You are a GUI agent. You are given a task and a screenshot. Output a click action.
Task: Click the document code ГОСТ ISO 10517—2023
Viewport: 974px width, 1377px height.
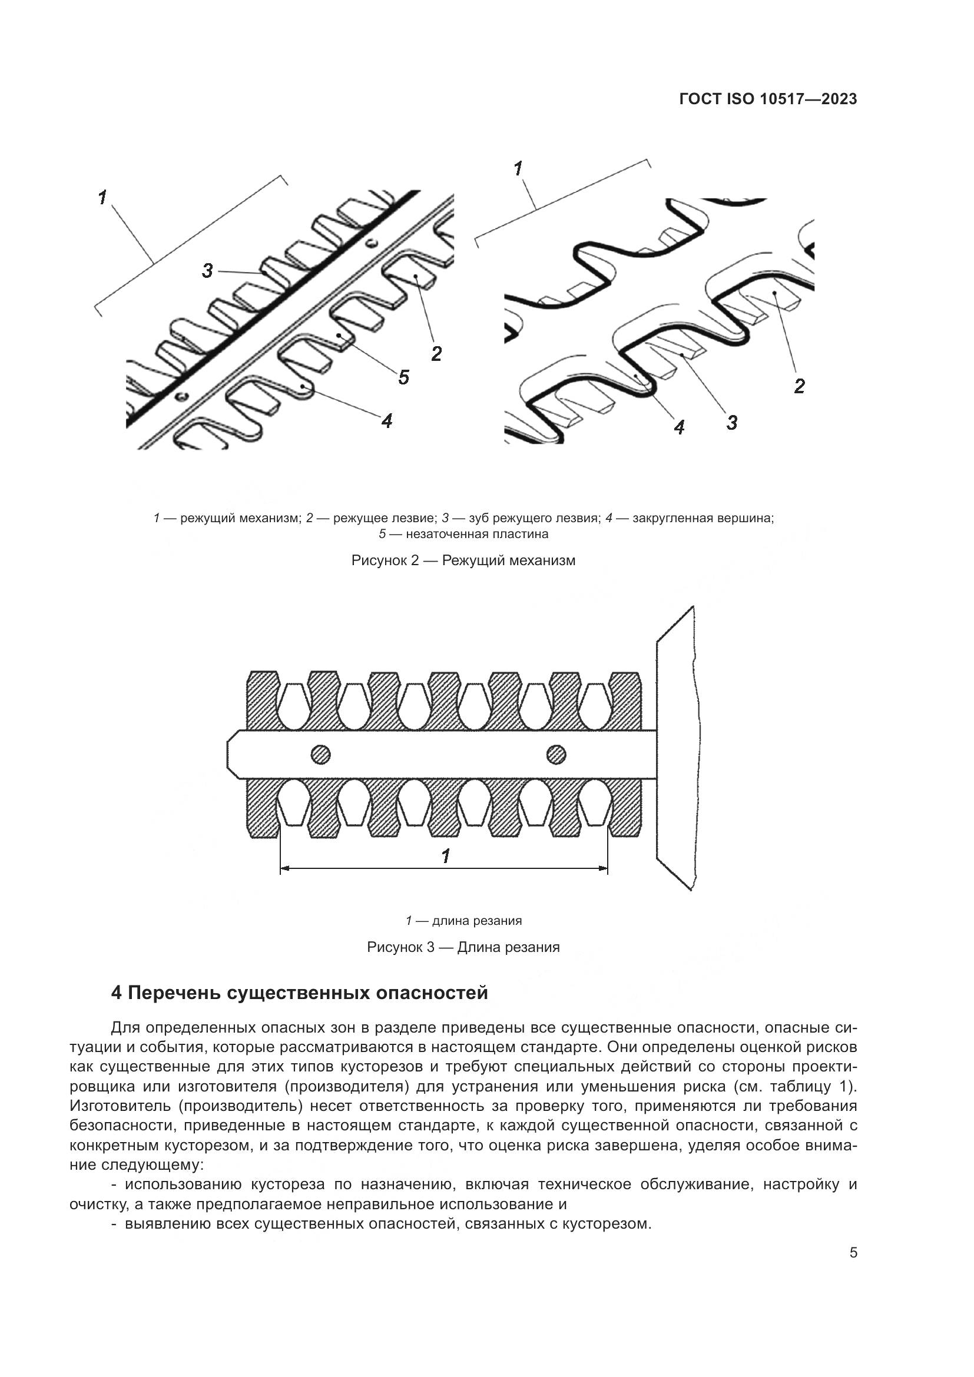pyautogui.click(x=768, y=99)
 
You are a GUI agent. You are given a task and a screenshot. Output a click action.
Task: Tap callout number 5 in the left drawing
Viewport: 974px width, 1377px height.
pyautogui.click(x=403, y=377)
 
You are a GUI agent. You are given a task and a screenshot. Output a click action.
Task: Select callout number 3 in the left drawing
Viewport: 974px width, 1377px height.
pyautogui.click(x=207, y=270)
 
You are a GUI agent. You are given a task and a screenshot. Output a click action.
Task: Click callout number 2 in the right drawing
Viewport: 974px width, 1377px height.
pyautogui.click(x=799, y=386)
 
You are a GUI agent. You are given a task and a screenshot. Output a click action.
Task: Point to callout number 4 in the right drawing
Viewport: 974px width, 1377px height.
pyautogui.click(x=679, y=427)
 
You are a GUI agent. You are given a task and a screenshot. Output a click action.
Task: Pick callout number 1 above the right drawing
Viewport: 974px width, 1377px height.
pyautogui.click(x=519, y=168)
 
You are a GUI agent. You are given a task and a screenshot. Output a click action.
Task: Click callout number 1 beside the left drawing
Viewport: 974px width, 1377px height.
pyautogui.click(x=102, y=197)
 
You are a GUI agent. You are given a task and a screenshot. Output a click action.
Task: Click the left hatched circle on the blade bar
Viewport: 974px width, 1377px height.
pyautogui.click(x=321, y=754)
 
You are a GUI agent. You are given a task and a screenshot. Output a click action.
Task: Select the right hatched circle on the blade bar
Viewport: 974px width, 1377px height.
pyautogui.click(x=556, y=754)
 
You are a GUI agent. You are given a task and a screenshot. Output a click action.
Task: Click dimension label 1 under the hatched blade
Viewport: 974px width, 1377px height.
pyautogui.click(x=446, y=856)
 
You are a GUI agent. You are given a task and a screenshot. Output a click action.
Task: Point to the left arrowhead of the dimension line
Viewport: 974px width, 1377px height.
pyautogui.click(x=284, y=868)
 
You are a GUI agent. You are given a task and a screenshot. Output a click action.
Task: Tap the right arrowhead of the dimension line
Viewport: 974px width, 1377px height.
pyautogui.click(x=604, y=868)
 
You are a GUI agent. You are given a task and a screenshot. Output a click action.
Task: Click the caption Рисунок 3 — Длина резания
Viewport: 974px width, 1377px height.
pyautogui.click(x=463, y=947)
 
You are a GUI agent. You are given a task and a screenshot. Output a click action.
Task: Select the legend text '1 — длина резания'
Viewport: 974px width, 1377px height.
pyautogui.click(x=463, y=920)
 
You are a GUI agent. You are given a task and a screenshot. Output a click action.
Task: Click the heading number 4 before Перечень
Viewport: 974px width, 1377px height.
pyautogui.click(x=117, y=993)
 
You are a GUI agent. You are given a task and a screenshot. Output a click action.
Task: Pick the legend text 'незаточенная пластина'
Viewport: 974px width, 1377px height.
pyautogui.click(x=477, y=534)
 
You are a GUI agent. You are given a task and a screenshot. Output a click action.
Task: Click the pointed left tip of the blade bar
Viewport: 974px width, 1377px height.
pyautogui.click(x=228, y=754)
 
